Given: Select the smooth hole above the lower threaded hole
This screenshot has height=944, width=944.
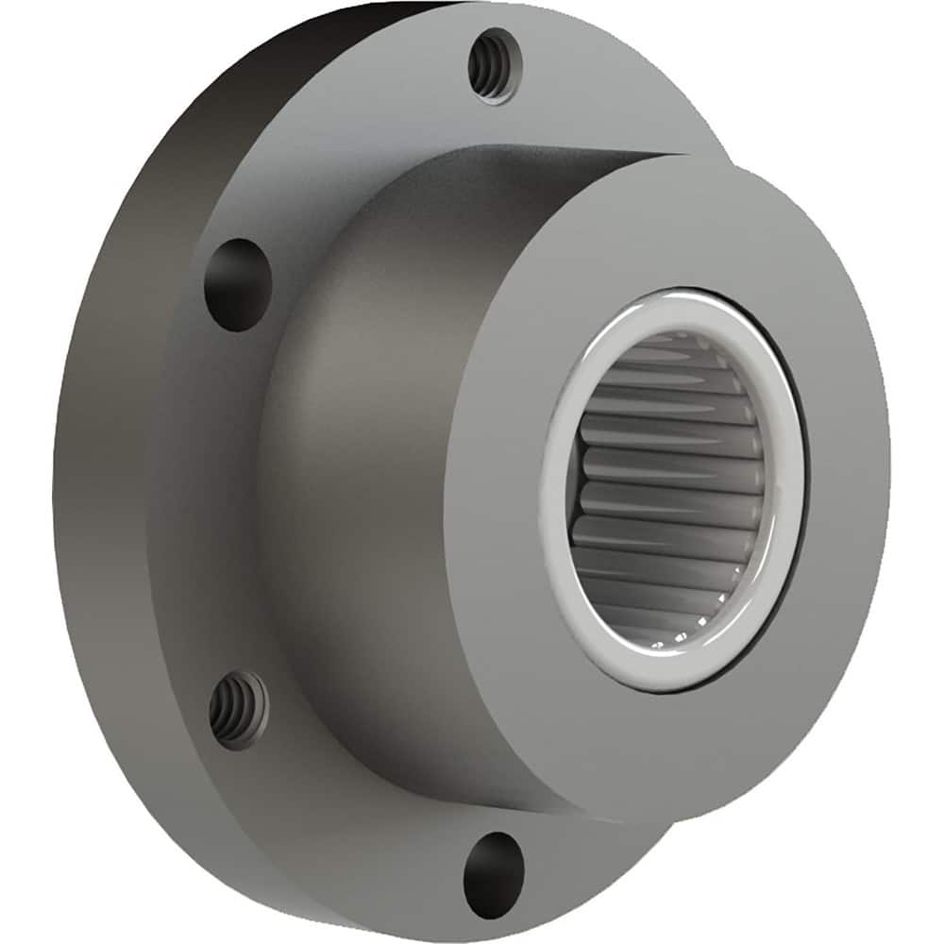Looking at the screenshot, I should (x=237, y=284).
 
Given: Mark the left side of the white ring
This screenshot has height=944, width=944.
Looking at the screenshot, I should (x=554, y=491).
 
